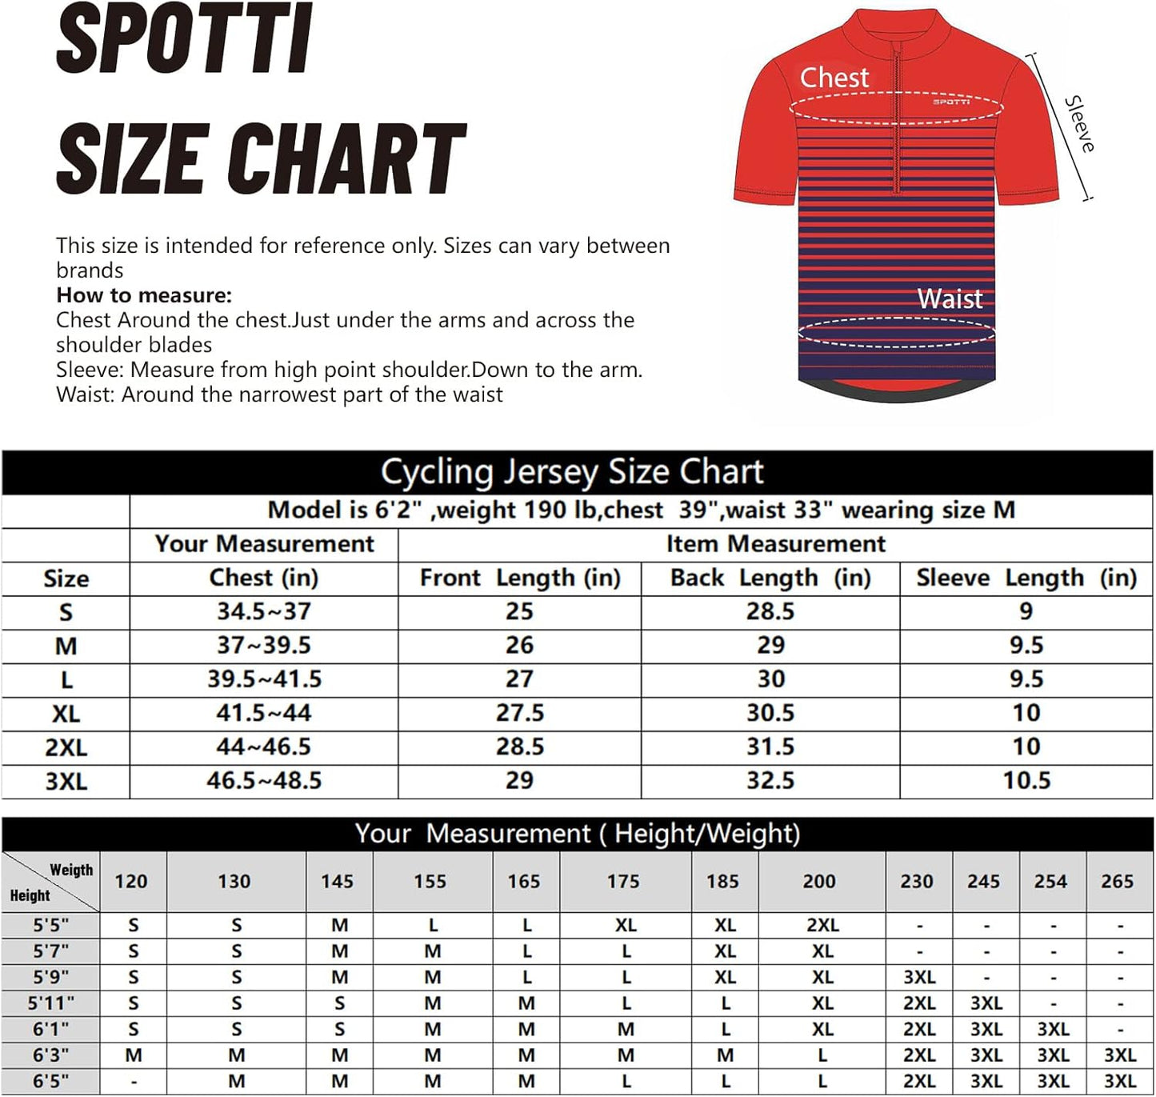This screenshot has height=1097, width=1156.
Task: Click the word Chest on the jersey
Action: coord(834,78)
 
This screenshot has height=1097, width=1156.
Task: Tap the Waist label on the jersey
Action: coord(949,298)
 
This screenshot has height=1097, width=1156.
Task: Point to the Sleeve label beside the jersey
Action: coord(1079,124)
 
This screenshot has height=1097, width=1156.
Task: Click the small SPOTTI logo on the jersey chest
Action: coord(951,102)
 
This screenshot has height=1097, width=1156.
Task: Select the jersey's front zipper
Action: coord(897,120)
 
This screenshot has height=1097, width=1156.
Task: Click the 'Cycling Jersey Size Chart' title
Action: coord(572,472)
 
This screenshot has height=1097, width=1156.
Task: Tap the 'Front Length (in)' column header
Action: coord(520,578)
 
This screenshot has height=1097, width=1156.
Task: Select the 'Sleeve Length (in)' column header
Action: coord(1026,578)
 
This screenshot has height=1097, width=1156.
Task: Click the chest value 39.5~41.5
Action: coord(264,679)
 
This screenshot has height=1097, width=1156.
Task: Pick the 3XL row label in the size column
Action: coord(66,781)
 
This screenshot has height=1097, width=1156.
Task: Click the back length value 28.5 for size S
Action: coord(770,612)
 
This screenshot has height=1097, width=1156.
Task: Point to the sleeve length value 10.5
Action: coord(1026,781)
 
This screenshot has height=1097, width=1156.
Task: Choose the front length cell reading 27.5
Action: coord(520,713)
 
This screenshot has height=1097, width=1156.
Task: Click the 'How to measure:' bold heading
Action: coord(144,295)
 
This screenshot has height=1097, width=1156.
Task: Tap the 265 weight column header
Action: coord(1117,882)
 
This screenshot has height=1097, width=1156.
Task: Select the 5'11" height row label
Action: coord(51,1003)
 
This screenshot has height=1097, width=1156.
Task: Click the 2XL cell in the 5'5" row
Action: coord(822,926)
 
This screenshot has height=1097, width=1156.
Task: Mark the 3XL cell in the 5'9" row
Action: coord(919,978)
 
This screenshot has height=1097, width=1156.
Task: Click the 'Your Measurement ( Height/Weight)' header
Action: coord(578,834)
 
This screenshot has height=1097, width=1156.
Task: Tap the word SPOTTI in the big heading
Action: coord(184,40)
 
